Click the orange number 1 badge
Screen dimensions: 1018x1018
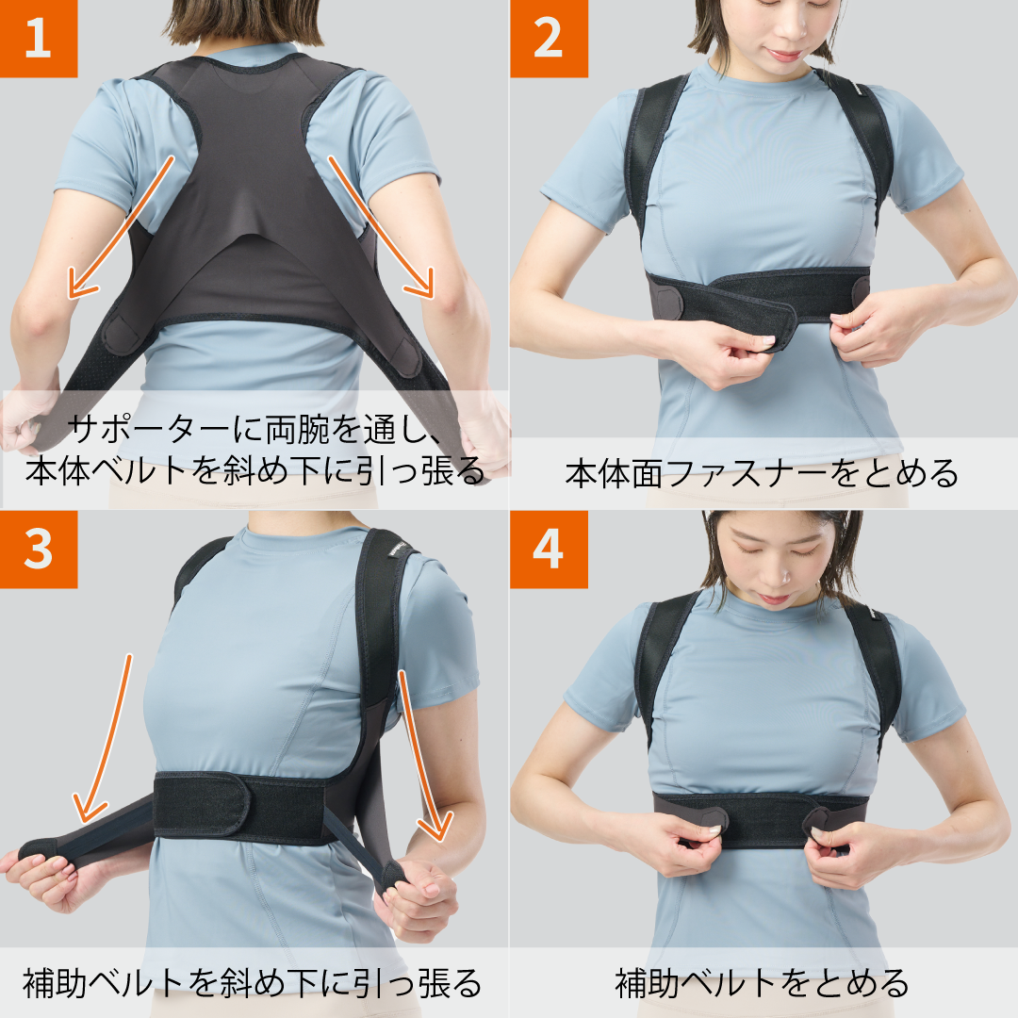click(x=38, y=39)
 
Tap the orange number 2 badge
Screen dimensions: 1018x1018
click(x=548, y=39)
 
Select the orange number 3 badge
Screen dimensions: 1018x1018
click(x=38, y=550)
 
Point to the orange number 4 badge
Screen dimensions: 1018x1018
click(x=548, y=550)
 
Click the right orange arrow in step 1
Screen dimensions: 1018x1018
click(x=381, y=226)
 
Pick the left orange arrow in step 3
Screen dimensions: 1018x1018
click(x=104, y=735)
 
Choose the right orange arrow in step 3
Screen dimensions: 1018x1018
click(x=421, y=754)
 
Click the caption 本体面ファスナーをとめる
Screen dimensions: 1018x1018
click(x=762, y=472)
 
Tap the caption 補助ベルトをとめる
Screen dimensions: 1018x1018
click(x=762, y=983)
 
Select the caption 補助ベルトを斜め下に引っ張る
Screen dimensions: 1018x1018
click(x=253, y=983)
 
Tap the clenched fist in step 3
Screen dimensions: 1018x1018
click(x=424, y=895)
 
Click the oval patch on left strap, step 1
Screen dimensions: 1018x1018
click(x=122, y=335)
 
